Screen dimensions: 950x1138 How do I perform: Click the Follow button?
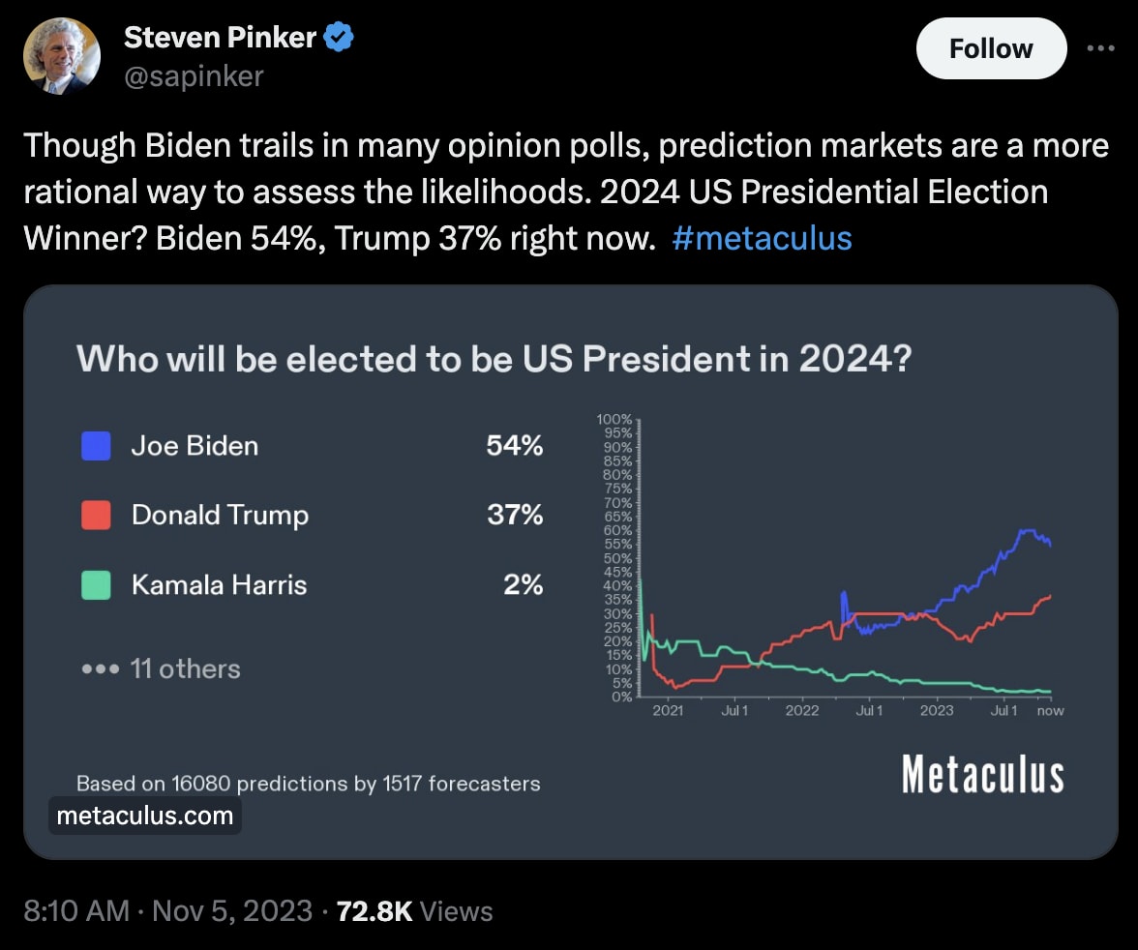click(991, 48)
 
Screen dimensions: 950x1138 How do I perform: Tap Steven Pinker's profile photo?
click(62, 55)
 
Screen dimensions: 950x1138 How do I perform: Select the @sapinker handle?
click(194, 76)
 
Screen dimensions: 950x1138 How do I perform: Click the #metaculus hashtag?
click(762, 237)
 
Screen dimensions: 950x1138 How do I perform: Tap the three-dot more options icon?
click(1101, 48)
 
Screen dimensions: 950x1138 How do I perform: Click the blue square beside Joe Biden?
click(96, 446)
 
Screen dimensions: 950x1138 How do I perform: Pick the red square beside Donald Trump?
click(96, 515)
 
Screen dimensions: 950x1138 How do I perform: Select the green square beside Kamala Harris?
click(96, 584)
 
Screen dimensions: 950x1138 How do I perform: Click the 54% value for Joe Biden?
click(515, 446)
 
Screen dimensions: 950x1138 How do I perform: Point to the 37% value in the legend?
click(515, 515)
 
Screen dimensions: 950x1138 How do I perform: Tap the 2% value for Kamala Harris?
click(523, 584)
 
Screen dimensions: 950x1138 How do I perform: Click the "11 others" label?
click(184, 668)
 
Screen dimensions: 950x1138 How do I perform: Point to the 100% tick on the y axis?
click(614, 420)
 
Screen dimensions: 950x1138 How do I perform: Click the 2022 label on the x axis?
click(802, 711)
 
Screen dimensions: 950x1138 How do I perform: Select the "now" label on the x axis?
click(1050, 711)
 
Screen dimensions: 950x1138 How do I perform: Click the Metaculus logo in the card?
click(982, 775)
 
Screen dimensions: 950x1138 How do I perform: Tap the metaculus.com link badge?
click(145, 816)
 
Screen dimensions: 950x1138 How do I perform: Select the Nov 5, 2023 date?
click(231, 910)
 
